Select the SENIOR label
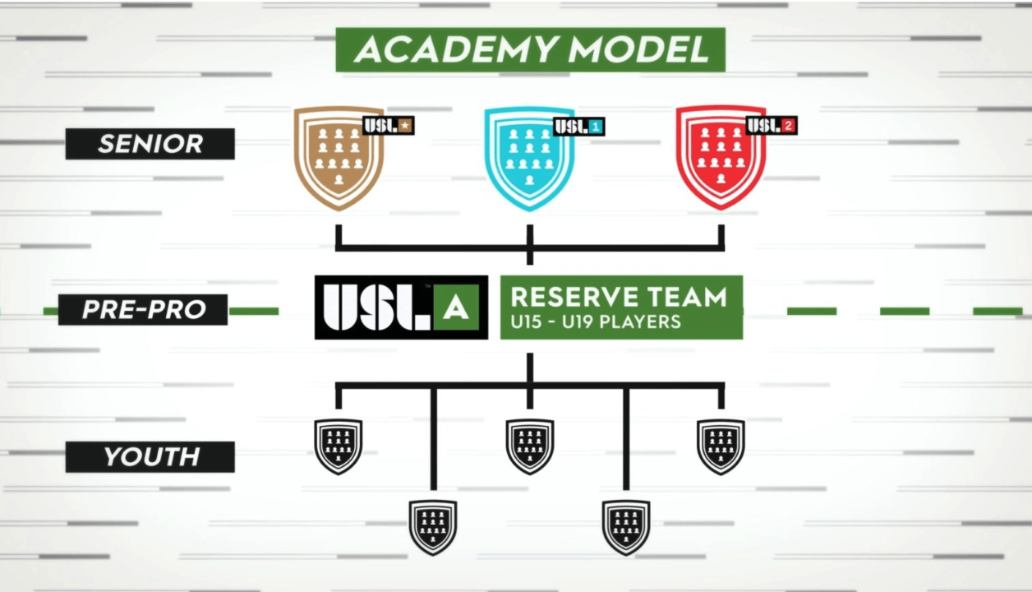pyautogui.click(x=150, y=144)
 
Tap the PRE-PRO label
pyautogui.click(x=143, y=309)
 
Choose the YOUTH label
pyautogui.click(x=150, y=457)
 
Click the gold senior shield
pyautogui.click(x=339, y=158)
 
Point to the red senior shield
pyautogui.click(x=721, y=157)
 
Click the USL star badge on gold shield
pyautogui.click(x=389, y=126)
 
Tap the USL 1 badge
pyautogui.click(x=579, y=127)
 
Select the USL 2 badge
pyautogui.click(x=772, y=126)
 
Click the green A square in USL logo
pyautogui.click(x=456, y=308)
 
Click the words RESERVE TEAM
pyautogui.click(x=619, y=297)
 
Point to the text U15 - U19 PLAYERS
pyautogui.click(x=596, y=321)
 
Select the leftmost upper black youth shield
pyautogui.click(x=339, y=446)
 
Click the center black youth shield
pyautogui.click(x=530, y=446)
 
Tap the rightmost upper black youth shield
pyautogui.click(x=721, y=446)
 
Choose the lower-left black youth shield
pyautogui.click(x=433, y=527)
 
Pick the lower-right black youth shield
pyautogui.click(x=626, y=527)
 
